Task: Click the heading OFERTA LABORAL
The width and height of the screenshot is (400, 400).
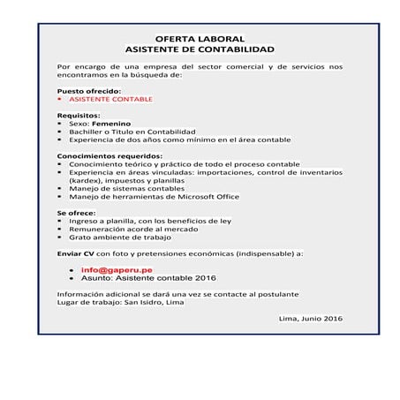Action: pyautogui.click(x=199, y=41)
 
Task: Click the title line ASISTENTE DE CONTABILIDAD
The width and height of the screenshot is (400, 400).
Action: pyautogui.click(x=199, y=50)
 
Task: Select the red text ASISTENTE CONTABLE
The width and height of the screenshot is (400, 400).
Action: pyautogui.click(x=110, y=99)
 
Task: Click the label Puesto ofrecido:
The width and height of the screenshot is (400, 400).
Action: pyautogui.click(x=88, y=91)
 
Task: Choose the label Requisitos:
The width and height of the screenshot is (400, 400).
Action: pyautogui.click(x=79, y=116)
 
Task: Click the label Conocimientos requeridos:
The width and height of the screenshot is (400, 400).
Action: pyautogui.click(x=109, y=156)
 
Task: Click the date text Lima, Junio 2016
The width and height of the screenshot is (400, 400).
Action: pyautogui.click(x=310, y=318)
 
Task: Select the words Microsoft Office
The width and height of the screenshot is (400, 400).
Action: pyautogui.click(x=206, y=197)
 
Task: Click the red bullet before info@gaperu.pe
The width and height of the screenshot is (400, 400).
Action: pyautogui.click(x=71, y=269)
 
